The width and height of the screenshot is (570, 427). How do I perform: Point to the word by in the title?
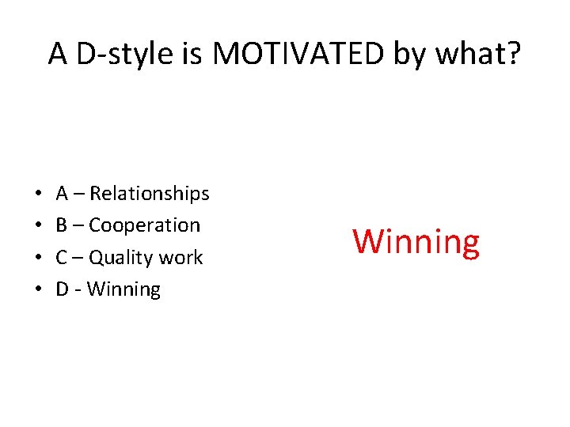click(x=416, y=54)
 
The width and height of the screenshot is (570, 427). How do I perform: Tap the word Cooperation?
click(x=144, y=225)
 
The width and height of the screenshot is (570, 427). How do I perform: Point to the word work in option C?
click(x=180, y=258)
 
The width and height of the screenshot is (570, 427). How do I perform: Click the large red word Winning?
click(x=416, y=242)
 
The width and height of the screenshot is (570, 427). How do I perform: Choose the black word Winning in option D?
click(x=123, y=289)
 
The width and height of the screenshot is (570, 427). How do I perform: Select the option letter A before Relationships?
click(x=62, y=194)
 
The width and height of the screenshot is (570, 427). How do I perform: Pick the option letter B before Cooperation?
click(x=62, y=225)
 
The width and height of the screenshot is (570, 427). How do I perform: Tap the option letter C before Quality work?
click(x=62, y=258)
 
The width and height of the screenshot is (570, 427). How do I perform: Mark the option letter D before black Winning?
click(x=62, y=289)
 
